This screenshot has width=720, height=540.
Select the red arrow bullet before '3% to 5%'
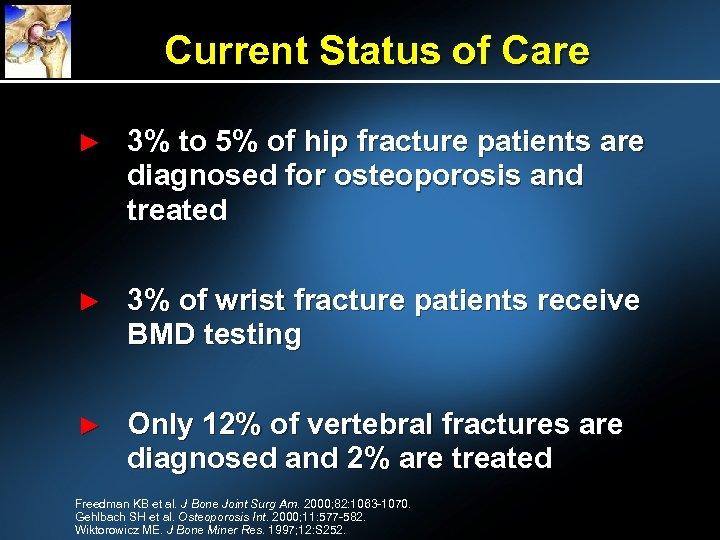[x=89, y=144]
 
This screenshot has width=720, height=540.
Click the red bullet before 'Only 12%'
[x=89, y=426]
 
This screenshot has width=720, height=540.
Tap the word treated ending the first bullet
[x=177, y=210]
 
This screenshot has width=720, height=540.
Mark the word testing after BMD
[x=252, y=336]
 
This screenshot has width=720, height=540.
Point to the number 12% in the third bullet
[x=231, y=425]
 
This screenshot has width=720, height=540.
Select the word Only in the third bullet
[x=161, y=425]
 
